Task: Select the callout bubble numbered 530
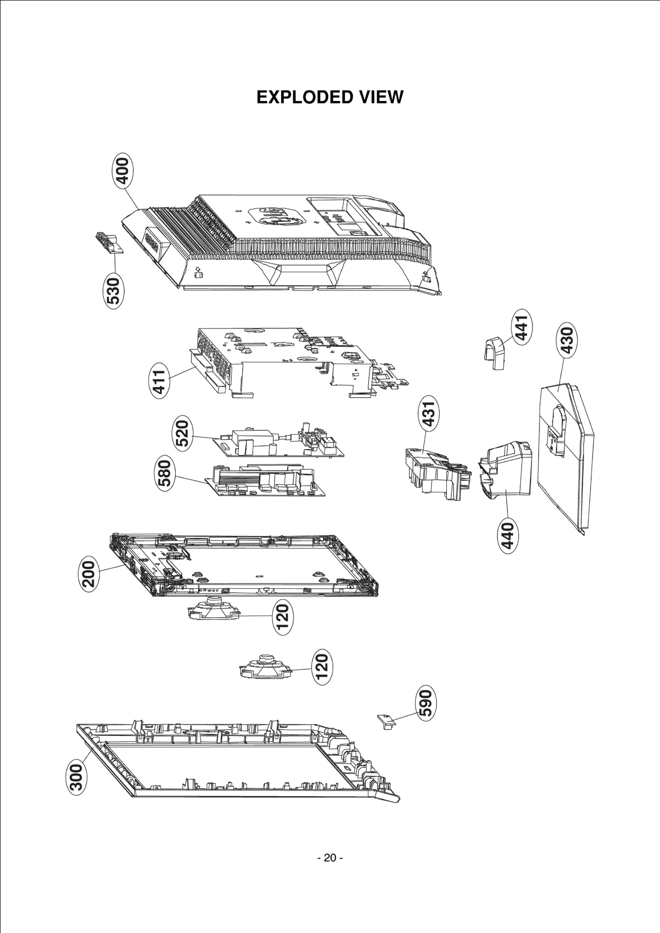[113, 291]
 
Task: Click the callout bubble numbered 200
[89, 573]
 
